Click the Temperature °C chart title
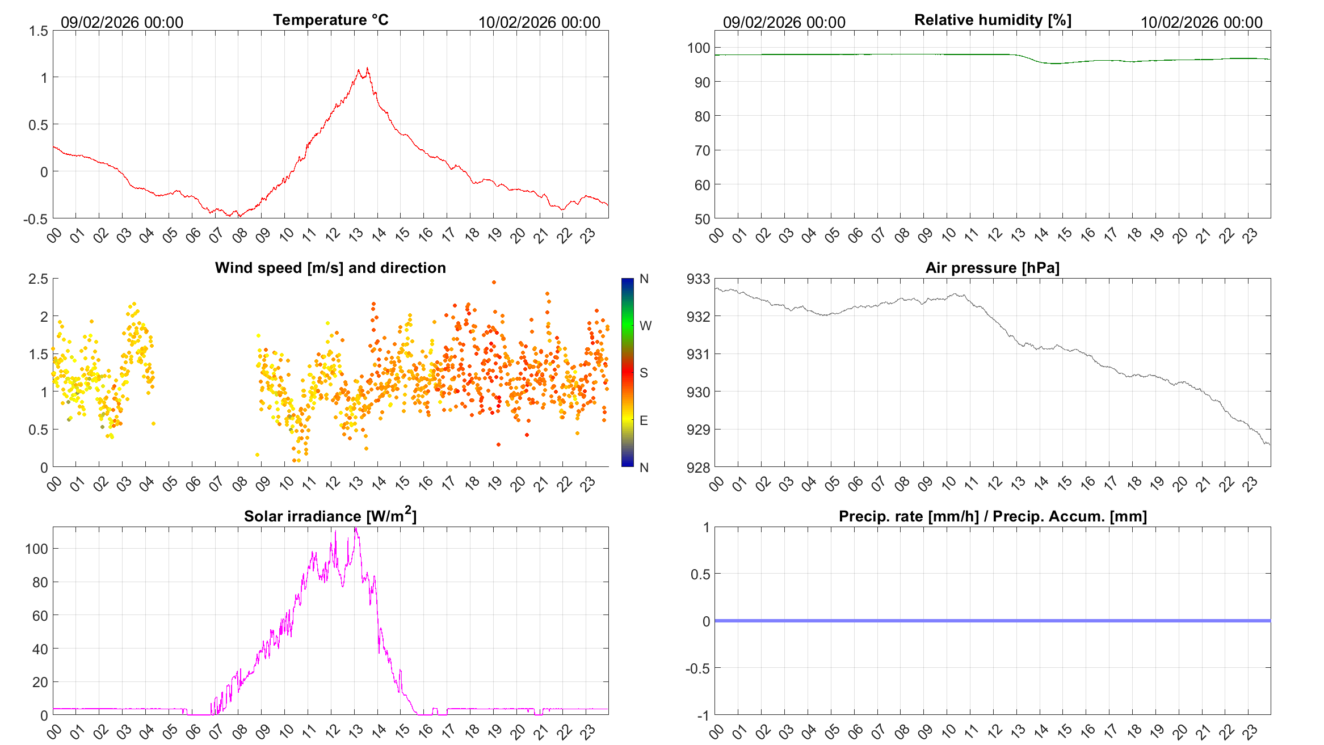pos(330,20)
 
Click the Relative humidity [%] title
pos(993,20)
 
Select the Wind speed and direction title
pos(330,268)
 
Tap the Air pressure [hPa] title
pos(992,268)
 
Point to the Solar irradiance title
pos(330,516)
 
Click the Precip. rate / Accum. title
pos(993,516)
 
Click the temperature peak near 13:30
pos(368,69)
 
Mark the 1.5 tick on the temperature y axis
pos(39,31)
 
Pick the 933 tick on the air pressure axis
pos(698,279)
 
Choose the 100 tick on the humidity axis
pos(698,48)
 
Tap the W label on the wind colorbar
pos(645,326)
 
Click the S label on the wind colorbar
pos(644,373)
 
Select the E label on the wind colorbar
pos(644,420)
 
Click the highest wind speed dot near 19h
pos(494,282)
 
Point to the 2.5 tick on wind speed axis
pos(39,279)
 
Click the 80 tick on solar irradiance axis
pos(40,582)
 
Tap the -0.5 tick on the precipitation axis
pos(697,668)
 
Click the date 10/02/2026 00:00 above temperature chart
pos(539,22)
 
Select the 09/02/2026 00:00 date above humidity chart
pos(784,22)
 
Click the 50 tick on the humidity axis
pos(702,219)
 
